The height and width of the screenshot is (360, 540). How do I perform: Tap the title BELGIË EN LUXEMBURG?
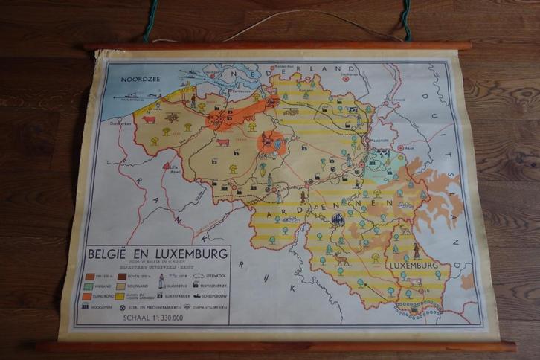pos(158,254)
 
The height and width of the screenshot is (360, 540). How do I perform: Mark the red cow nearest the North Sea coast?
pos(149,119)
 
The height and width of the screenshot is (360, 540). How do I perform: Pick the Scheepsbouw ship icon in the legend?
pos(199,295)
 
